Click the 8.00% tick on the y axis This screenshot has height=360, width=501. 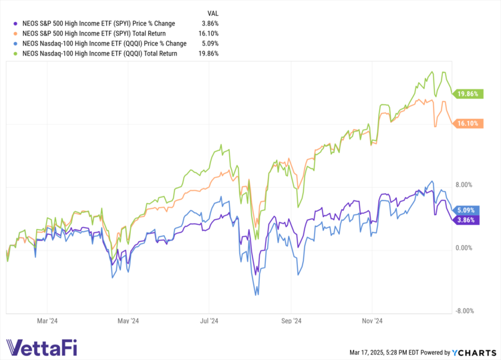[464, 185]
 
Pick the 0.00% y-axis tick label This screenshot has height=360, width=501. [464, 248]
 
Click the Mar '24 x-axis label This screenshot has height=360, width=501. [46, 321]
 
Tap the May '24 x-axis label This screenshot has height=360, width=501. [128, 321]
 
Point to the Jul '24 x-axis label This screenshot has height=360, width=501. [209, 321]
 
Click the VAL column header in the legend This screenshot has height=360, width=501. [213, 13]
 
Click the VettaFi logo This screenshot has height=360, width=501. [47, 348]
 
